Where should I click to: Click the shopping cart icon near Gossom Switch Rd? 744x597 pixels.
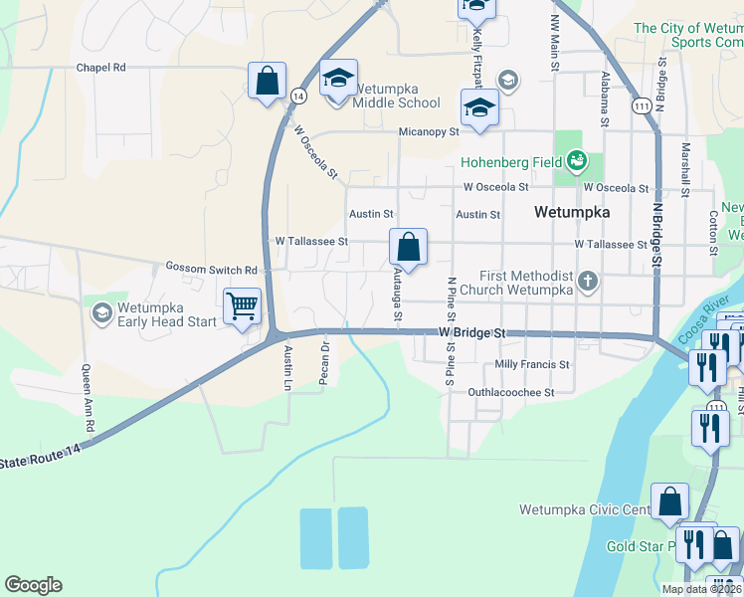[242, 307]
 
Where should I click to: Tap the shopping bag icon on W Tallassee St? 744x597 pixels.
[408, 245]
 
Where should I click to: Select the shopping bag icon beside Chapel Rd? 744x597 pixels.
[268, 81]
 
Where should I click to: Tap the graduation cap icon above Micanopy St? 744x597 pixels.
[479, 108]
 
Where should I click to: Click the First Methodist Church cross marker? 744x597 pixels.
[588, 282]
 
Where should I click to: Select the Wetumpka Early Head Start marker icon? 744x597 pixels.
[101, 313]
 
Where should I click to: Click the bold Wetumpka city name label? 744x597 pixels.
[571, 212]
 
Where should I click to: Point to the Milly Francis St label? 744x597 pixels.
[532, 365]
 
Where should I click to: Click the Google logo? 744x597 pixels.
[33, 585]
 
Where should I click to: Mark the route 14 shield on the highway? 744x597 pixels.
[298, 96]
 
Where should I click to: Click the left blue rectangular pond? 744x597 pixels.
[315, 538]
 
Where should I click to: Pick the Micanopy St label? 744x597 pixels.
[429, 131]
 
